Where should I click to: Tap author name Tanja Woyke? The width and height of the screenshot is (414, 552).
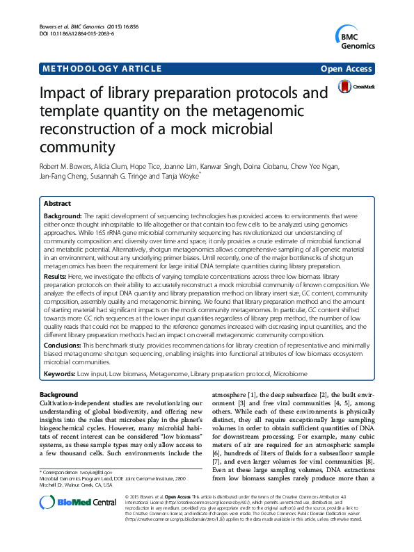click(x=180, y=177)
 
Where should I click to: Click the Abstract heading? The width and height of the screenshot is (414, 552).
click(x=56, y=204)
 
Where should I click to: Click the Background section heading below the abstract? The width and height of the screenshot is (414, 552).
click(x=60, y=394)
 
